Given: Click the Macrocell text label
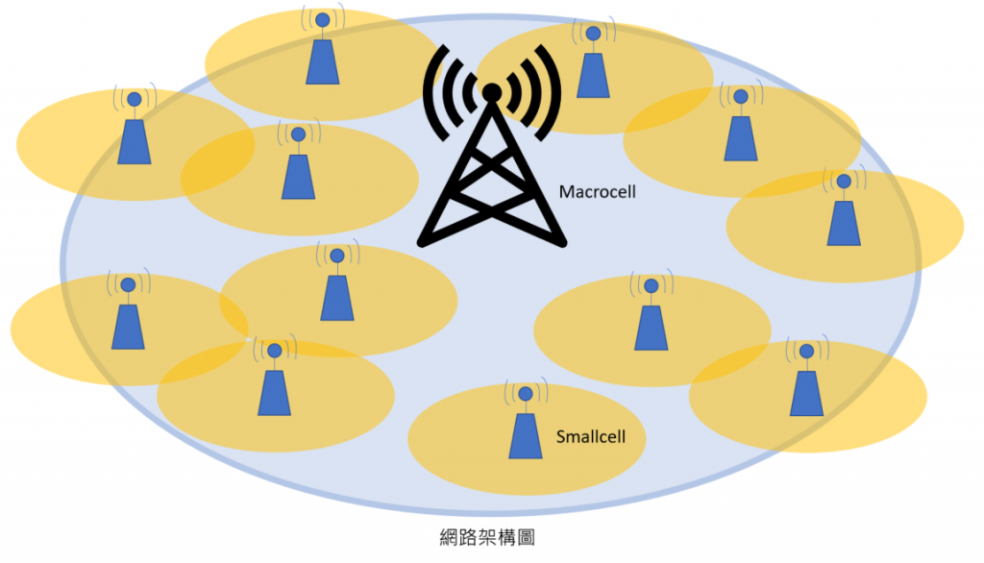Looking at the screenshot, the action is pos(598,193).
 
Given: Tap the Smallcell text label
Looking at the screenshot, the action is pos(591,437).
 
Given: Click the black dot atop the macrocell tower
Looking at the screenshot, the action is pos(491,91).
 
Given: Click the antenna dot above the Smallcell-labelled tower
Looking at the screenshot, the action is pos(525,393).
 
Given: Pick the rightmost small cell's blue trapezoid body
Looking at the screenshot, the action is pos(844,223).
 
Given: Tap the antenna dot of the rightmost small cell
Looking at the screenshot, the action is pos(844,181).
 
